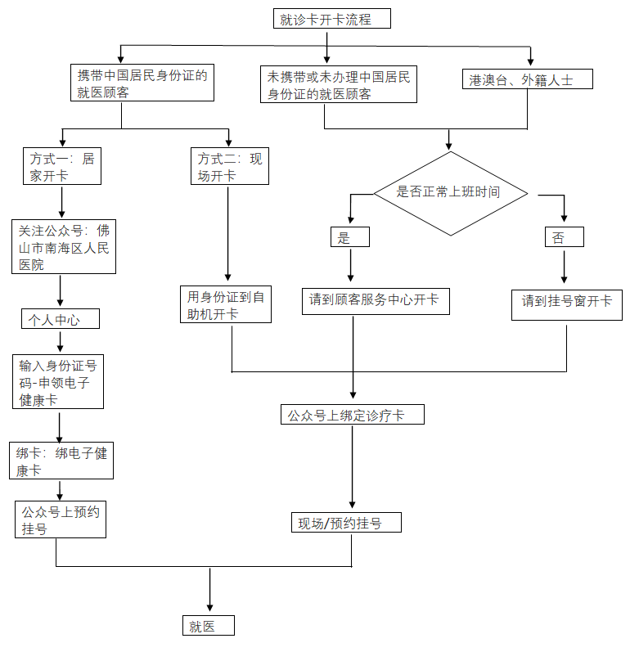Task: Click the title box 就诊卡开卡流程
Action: [332, 19]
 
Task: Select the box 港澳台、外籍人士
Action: [527, 79]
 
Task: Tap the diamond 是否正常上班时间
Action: [451, 193]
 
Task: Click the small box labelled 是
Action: [350, 237]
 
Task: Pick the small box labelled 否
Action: [565, 237]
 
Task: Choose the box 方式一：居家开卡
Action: [62, 166]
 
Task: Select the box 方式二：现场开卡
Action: [230, 166]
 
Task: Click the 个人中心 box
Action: [61, 318]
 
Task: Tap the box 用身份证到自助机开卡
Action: [226, 304]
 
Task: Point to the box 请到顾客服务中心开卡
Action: [376, 301]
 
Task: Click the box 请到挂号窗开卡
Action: [567, 305]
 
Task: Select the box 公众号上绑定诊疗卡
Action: [353, 414]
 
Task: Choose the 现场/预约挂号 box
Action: [346, 522]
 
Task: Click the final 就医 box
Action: [209, 625]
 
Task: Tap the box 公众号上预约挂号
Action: [61, 519]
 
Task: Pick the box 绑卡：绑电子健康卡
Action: [61, 461]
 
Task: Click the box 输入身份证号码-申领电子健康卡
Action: [58, 382]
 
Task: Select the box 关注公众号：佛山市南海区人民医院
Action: [64, 246]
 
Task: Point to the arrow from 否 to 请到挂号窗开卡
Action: [565, 267]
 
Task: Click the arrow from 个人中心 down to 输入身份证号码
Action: [61, 341]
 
